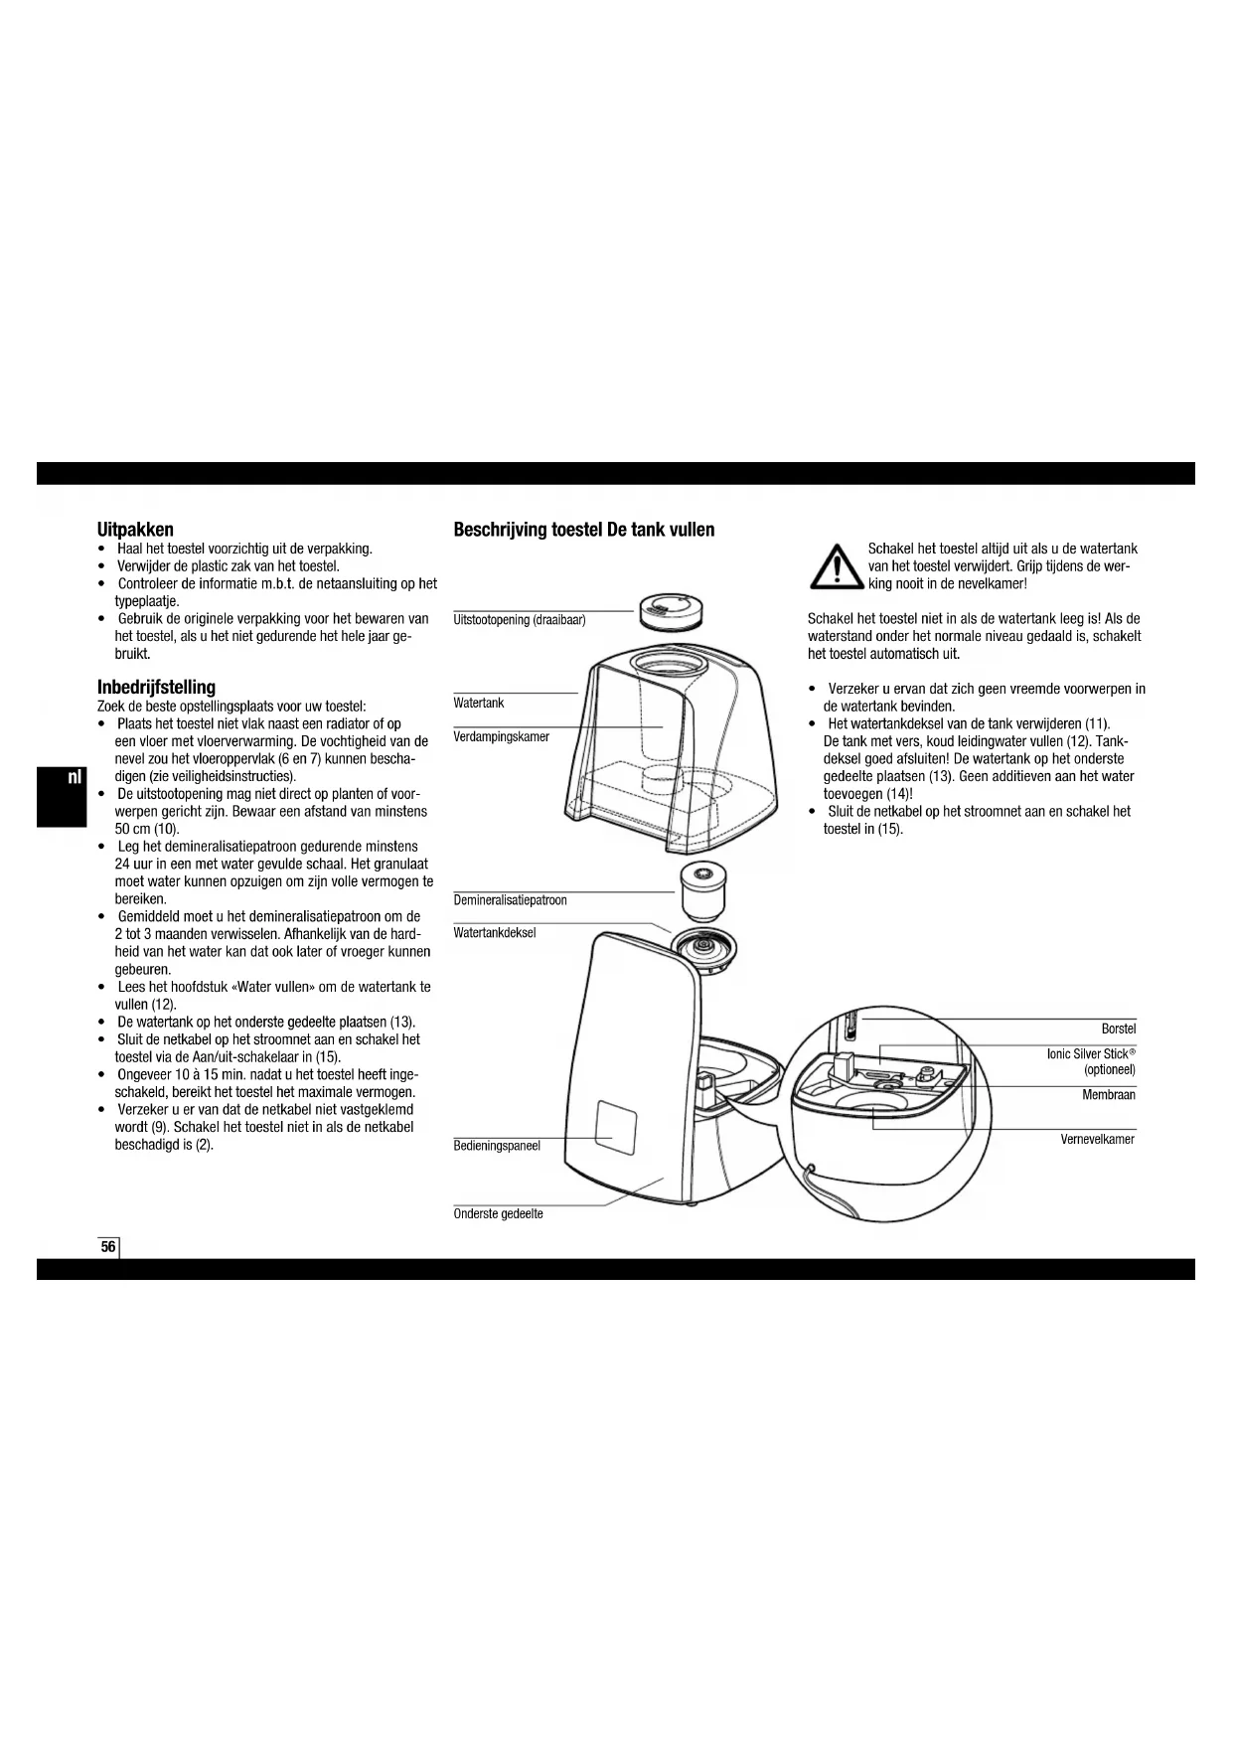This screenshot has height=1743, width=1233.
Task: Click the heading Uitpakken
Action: pyautogui.click(x=135, y=530)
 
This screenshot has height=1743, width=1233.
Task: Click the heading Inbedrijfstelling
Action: pyautogui.click(x=156, y=687)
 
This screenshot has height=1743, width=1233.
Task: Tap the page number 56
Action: pyautogui.click(x=107, y=1247)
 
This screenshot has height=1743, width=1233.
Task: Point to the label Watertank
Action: pyautogui.click(x=479, y=703)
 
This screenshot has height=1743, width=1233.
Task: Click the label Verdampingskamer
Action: pyautogui.click(x=501, y=736)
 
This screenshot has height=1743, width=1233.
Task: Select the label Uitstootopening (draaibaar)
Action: pyautogui.click(x=520, y=620)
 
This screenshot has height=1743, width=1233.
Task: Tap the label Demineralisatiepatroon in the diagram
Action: pyautogui.click(x=510, y=900)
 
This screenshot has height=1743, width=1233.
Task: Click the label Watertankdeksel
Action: pyautogui.click(x=495, y=933)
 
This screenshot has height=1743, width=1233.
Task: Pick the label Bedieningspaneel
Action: pyautogui.click(x=497, y=1146)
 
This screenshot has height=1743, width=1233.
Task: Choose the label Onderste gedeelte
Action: pyautogui.click(x=498, y=1213)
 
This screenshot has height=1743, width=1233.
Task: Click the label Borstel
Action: pyautogui.click(x=1118, y=1029)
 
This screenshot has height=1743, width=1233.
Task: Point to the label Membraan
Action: pyautogui.click(x=1108, y=1094)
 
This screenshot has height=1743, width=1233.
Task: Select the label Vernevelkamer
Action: pyautogui.click(x=1097, y=1139)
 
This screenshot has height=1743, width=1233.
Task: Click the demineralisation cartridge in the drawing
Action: pyautogui.click(x=703, y=890)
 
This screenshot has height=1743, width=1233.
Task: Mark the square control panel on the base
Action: pyautogui.click(x=615, y=1131)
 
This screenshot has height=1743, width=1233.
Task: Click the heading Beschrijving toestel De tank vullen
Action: pyautogui.click(x=584, y=530)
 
